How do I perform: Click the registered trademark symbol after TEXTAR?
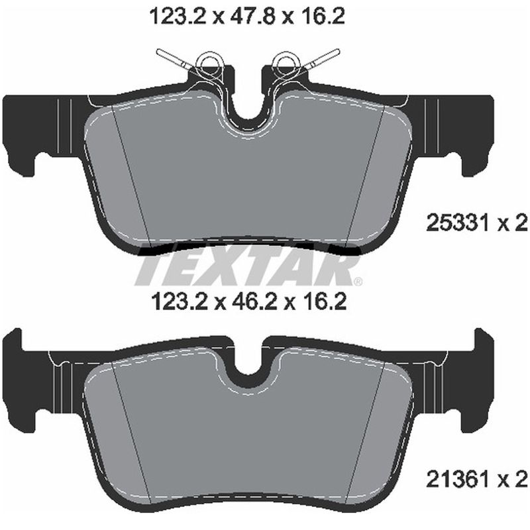click(x=358, y=282)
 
